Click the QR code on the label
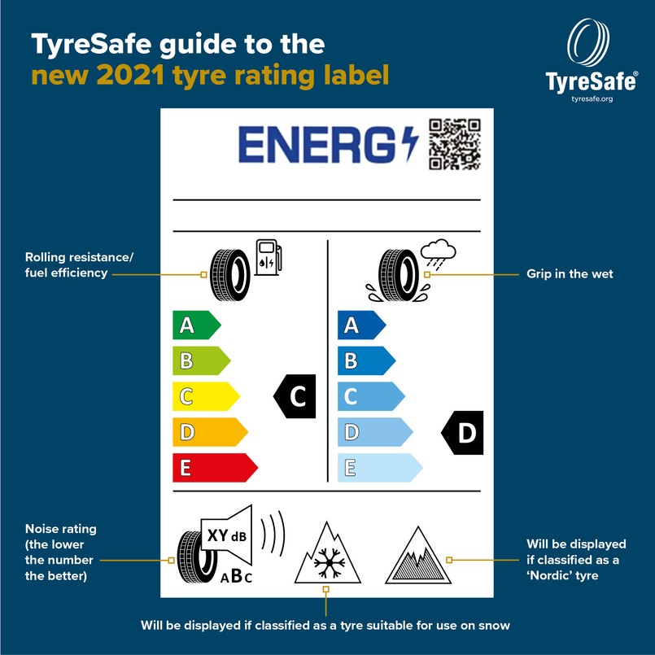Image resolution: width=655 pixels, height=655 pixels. point(455,144)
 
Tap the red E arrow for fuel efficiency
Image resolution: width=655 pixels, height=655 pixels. point(215,467)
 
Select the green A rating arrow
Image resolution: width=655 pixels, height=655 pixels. point(196,325)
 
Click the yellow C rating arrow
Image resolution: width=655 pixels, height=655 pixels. point(206,396)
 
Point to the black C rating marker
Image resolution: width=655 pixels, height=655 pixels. point(295,396)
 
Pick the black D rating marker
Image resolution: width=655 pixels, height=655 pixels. point(462,432)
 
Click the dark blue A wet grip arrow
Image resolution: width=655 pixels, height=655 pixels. point(361,325)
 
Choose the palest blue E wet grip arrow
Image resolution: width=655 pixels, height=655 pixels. point(380,467)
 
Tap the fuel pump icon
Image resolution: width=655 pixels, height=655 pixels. point(269,257)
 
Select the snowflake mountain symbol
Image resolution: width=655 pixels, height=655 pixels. point(327,552)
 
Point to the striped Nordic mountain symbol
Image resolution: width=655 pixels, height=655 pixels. point(418,555)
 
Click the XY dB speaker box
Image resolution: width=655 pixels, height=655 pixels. point(227,535)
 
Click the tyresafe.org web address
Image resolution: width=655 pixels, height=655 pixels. point(592,99)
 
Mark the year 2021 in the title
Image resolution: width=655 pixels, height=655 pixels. point(130,75)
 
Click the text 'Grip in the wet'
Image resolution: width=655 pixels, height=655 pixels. point(570,274)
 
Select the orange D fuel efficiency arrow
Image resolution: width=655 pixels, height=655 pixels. point(210,432)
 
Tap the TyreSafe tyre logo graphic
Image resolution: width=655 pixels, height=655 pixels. point(588,41)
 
